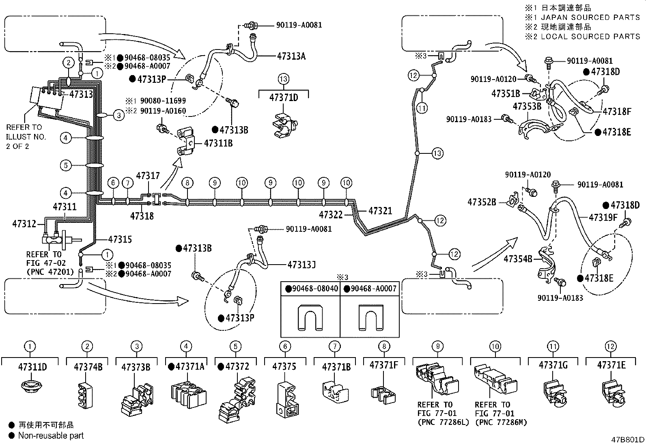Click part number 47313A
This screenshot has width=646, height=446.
291,56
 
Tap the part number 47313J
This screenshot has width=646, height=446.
301,265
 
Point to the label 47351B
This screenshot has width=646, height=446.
505,94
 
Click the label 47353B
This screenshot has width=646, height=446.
527,107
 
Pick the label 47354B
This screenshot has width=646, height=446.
518,258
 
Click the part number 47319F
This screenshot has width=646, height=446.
603,218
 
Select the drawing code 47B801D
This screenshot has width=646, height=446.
628,440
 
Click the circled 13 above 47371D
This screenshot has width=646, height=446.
283,79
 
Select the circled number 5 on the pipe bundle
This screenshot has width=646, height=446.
65,165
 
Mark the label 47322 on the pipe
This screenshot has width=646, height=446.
331,215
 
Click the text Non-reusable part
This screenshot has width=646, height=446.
51,435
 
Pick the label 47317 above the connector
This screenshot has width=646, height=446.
148,176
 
